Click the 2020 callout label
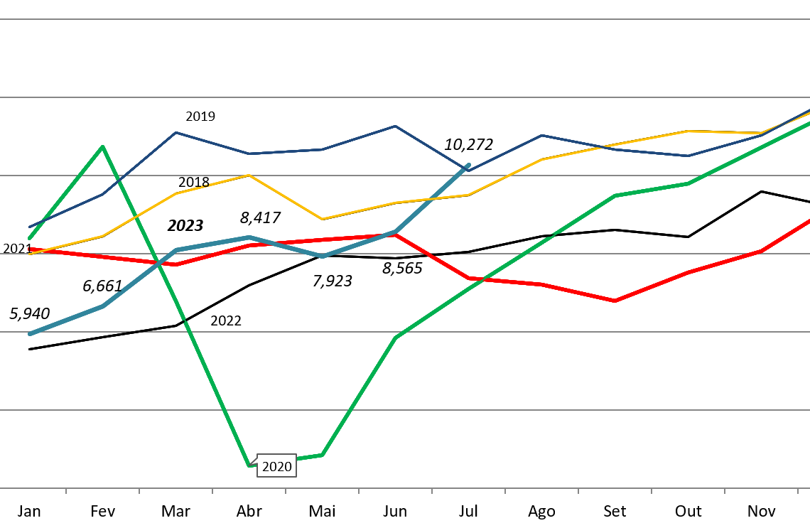point(276,466)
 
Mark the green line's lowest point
point(249,465)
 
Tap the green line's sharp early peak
point(103,146)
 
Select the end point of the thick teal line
point(469,165)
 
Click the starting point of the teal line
point(30,333)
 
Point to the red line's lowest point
point(615,301)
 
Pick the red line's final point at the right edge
point(808,221)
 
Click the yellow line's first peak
point(249,175)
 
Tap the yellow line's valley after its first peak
point(322,219)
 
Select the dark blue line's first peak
point(175,132)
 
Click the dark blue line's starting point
point(30,227)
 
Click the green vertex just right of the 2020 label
point(322,455)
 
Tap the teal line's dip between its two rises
point(323,256)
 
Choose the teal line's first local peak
point(249,237)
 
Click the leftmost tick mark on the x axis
point(66,490)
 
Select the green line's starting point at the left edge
point(30,238)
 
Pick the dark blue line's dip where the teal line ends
point(468,171)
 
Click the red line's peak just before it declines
point(396,235)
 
